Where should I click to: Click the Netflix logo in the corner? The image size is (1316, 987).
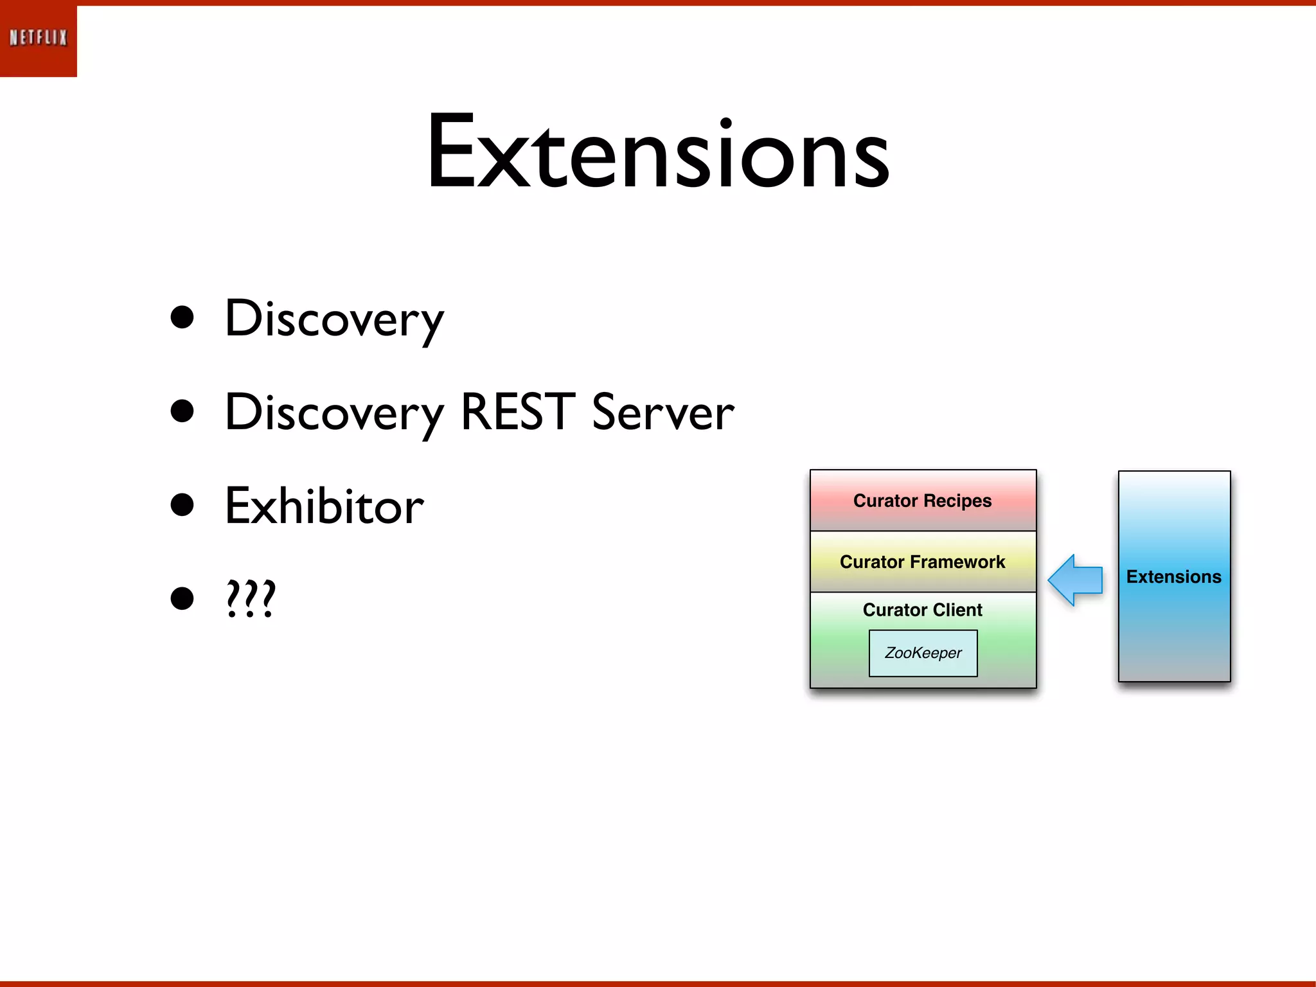pyautogui.click(x=38, y=39)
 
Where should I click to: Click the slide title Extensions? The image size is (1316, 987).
pyautogui.click(x=657, y=152)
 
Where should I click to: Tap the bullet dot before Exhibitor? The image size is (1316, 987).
pyautogui.click(x=182, y=504)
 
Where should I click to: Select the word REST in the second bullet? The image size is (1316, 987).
pyautogui.click(x=517, y=411)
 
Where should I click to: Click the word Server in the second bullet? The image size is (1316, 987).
pyautogui.click(x=662, y=413)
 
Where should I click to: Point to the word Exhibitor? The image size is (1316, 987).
pyautogui.click(x=324, y=506)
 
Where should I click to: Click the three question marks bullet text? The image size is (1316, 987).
pyautogui.click(x=251, y=598)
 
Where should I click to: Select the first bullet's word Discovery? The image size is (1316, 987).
pyautogui.click(x=333, y=319)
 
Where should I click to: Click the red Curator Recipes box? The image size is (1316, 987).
pyautogui.click(x=923, y=501)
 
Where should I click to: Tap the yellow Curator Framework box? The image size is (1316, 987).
pyautogui.click(x=923, y=562)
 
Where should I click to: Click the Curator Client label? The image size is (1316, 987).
pyautogui.click(x=923, y=610)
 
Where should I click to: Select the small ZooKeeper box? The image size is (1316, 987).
pyautogui.click(x=923, y=653)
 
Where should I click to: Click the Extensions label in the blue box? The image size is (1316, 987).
pyautogui.click(x=1174, y=576)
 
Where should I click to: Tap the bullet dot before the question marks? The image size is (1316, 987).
pyautogui.click(x=182, y=598)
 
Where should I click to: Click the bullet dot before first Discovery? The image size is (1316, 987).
pyautogui.click(x=182, y=317)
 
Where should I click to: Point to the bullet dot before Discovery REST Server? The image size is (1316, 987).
pyautogui.click(x=182, y=411)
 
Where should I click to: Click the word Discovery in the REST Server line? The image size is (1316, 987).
pyautogui.click(x=333, y=413)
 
